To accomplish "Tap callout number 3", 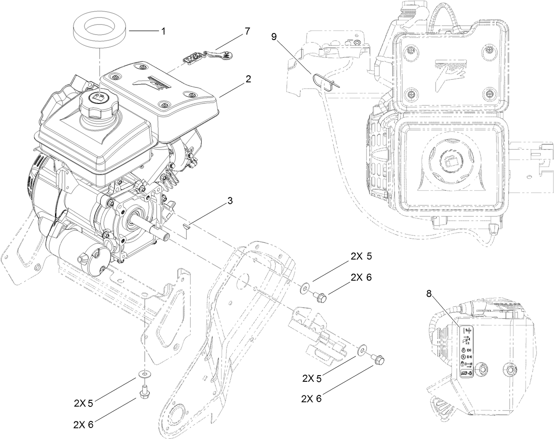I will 230,200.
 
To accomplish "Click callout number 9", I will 274,37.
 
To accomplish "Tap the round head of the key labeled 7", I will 225,55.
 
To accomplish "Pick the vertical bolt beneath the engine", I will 144,392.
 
